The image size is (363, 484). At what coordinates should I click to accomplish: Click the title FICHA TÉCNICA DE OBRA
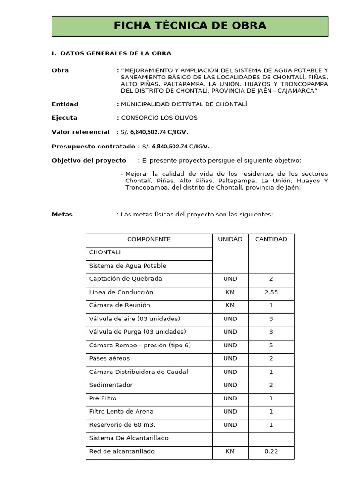click(190, 26)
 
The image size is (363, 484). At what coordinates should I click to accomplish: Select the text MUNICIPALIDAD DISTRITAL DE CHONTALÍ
click(184, 104)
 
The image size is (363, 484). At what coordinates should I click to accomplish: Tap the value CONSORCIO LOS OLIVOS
click(159, 118)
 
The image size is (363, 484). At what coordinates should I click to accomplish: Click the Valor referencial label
click(80, 132)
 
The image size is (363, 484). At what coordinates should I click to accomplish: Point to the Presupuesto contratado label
click(93, 147)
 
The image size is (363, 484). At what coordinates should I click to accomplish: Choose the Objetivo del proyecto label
click(89, 160)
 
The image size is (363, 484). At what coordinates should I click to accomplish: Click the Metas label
click(62, 214)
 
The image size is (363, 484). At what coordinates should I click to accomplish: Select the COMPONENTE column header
click(149, 239)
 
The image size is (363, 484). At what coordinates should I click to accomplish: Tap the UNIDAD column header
click(230, 239)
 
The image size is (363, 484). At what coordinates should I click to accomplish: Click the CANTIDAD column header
click(271, 239)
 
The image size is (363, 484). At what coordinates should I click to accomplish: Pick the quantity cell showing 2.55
click(271, 292)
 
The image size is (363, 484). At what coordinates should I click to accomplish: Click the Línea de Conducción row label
click(121, 292)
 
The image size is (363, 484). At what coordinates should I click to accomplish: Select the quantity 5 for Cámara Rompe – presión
click(271, 345)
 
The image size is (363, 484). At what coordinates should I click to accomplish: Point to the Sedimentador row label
click(111, 385)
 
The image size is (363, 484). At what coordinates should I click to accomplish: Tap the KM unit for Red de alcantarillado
click(230, 451)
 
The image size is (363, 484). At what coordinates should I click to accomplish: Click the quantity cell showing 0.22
click(271, 451)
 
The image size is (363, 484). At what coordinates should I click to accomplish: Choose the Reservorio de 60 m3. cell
click(122, 425)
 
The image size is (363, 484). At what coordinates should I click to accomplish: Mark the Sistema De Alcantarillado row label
click(129, 438)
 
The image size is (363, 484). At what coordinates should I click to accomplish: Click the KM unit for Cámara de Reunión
click(230, 305)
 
